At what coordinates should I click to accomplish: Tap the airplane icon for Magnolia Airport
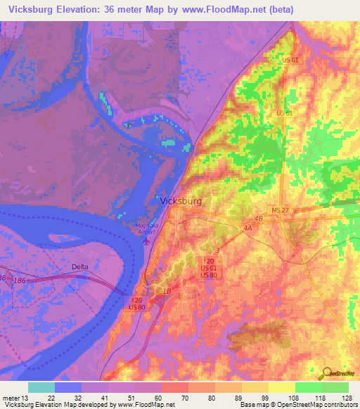146,240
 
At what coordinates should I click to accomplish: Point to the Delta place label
82,267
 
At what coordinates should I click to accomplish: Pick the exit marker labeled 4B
258,219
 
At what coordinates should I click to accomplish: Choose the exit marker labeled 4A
247,228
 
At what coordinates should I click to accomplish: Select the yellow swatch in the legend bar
282,387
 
